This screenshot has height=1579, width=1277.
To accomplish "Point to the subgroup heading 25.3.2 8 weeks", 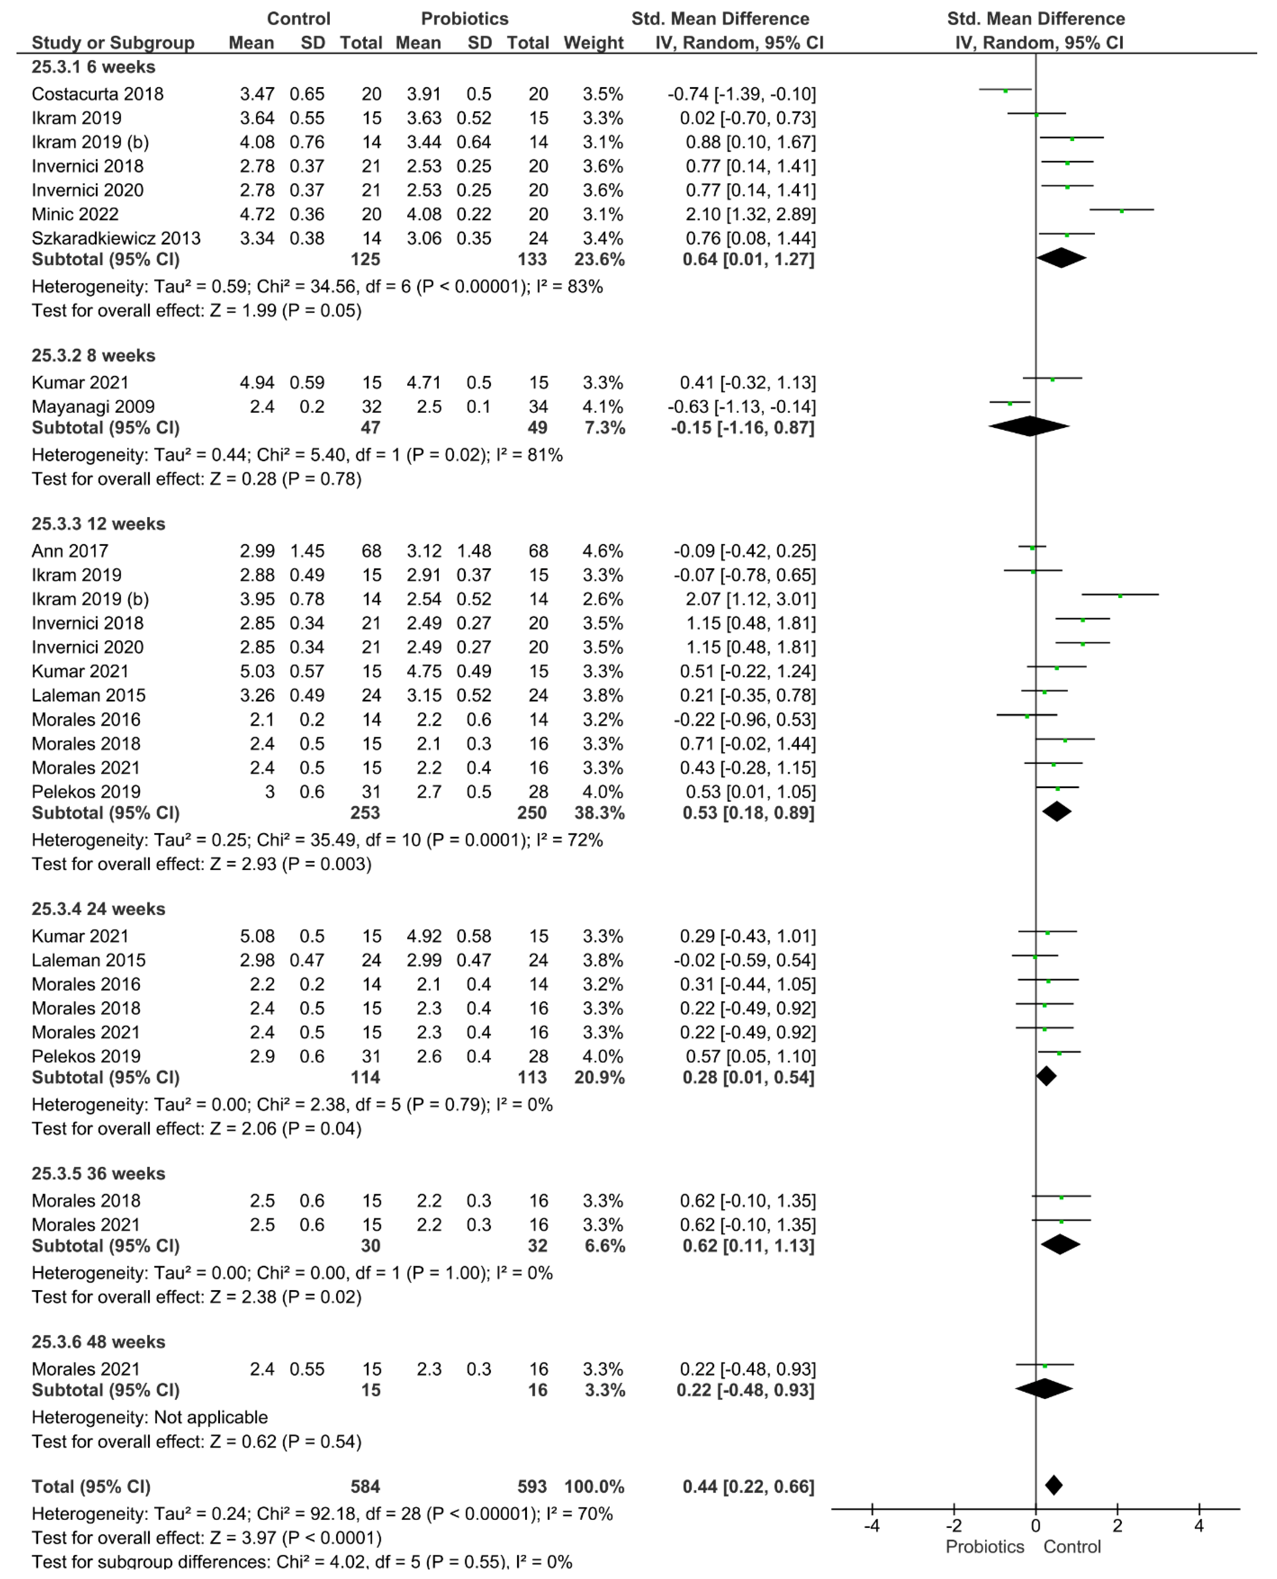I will [x=93, y=356].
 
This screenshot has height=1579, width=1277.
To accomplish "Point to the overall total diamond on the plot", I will [x=1053, y=1486].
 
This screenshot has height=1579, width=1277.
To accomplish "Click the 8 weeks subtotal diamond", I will [x=1028, y=427].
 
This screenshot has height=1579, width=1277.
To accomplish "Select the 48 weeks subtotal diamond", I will [x=1044, y=1389].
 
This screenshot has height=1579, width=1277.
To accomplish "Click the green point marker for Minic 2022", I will [x=1122, y=211].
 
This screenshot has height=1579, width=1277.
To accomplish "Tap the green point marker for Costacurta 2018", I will [x=1006, y=90].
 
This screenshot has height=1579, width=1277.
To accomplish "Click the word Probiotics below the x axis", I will [x=984, y=1547].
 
